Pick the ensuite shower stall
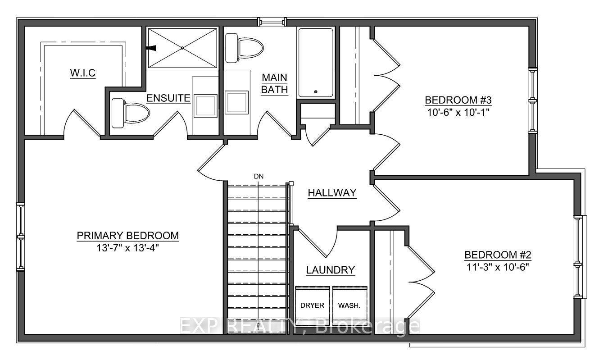point(182,48)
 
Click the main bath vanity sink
point(237,102)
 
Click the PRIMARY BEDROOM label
point(128,235)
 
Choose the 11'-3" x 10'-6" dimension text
point(498,266)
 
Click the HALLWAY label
point(332,193)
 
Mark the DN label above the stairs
point(259,176)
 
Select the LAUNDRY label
point(331,270)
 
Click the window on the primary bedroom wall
point(20,237)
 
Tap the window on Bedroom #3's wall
point(534,100)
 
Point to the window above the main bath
point(272,21)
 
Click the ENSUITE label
point(169,98)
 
